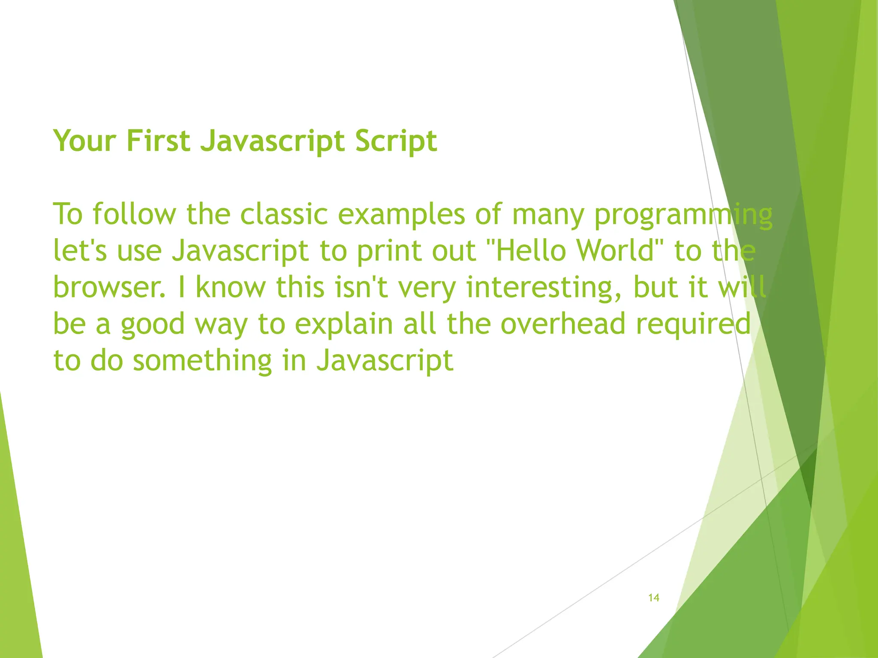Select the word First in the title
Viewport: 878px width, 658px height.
point(158,141)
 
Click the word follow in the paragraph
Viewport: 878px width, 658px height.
point(134,214)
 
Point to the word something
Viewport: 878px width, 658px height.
point(202,361)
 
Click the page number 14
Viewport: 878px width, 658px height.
point(653,598)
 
